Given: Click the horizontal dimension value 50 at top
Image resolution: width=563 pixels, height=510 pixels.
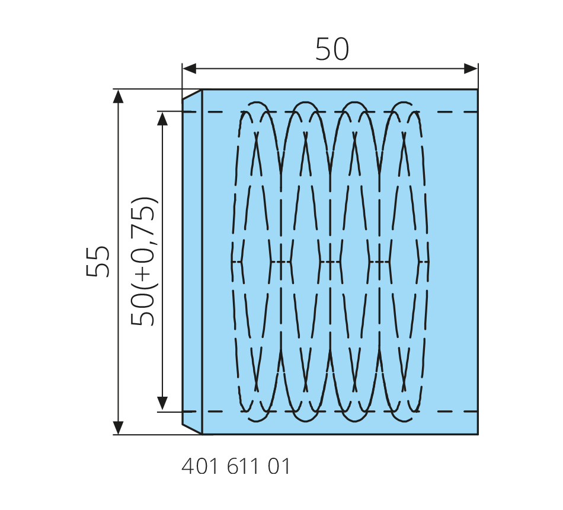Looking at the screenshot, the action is click(332, 49).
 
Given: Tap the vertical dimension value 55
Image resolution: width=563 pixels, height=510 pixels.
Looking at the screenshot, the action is click(98, 262).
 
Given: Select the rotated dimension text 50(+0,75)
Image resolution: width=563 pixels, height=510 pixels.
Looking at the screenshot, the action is click(143, 262).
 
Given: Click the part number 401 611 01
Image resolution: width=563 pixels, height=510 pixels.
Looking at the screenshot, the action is click(235, 467).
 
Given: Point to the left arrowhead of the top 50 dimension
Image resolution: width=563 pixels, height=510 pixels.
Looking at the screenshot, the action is click(189, 68).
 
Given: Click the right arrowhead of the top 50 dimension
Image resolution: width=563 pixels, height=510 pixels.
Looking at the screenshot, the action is click(471, 68).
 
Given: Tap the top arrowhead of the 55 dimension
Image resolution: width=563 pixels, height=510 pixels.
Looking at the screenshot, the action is click(118, 96).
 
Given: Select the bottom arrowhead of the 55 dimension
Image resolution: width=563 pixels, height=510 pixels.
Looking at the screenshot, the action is click(118, 428).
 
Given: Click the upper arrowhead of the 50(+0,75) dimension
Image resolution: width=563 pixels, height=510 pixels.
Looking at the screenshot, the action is click(162, 119).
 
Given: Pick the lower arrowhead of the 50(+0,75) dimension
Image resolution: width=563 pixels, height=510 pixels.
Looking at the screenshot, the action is click(162, 404).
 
